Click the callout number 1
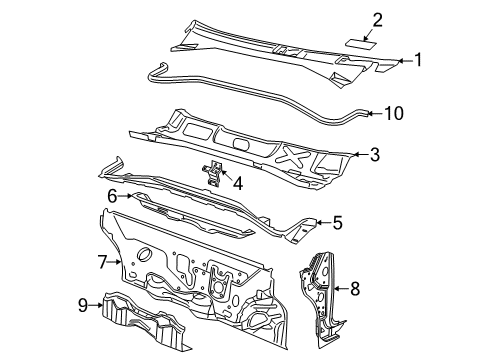coord(418,60)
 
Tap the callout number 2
coord(377,20)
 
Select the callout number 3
coord(375,155)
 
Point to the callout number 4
coord(238,183)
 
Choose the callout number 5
coord(337,223)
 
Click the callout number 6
coord(113,196)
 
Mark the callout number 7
coord(102,262)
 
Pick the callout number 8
coord(355,288)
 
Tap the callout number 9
coord(83,305)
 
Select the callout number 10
coord(394,113)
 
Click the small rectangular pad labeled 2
coord(361,44)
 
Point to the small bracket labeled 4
coord(212,172)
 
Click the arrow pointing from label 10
coord(375,114)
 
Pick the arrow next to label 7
coord(114,262)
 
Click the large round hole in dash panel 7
coord(144,254)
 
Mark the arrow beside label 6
coord(125,196)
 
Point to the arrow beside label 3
coord(361,154)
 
